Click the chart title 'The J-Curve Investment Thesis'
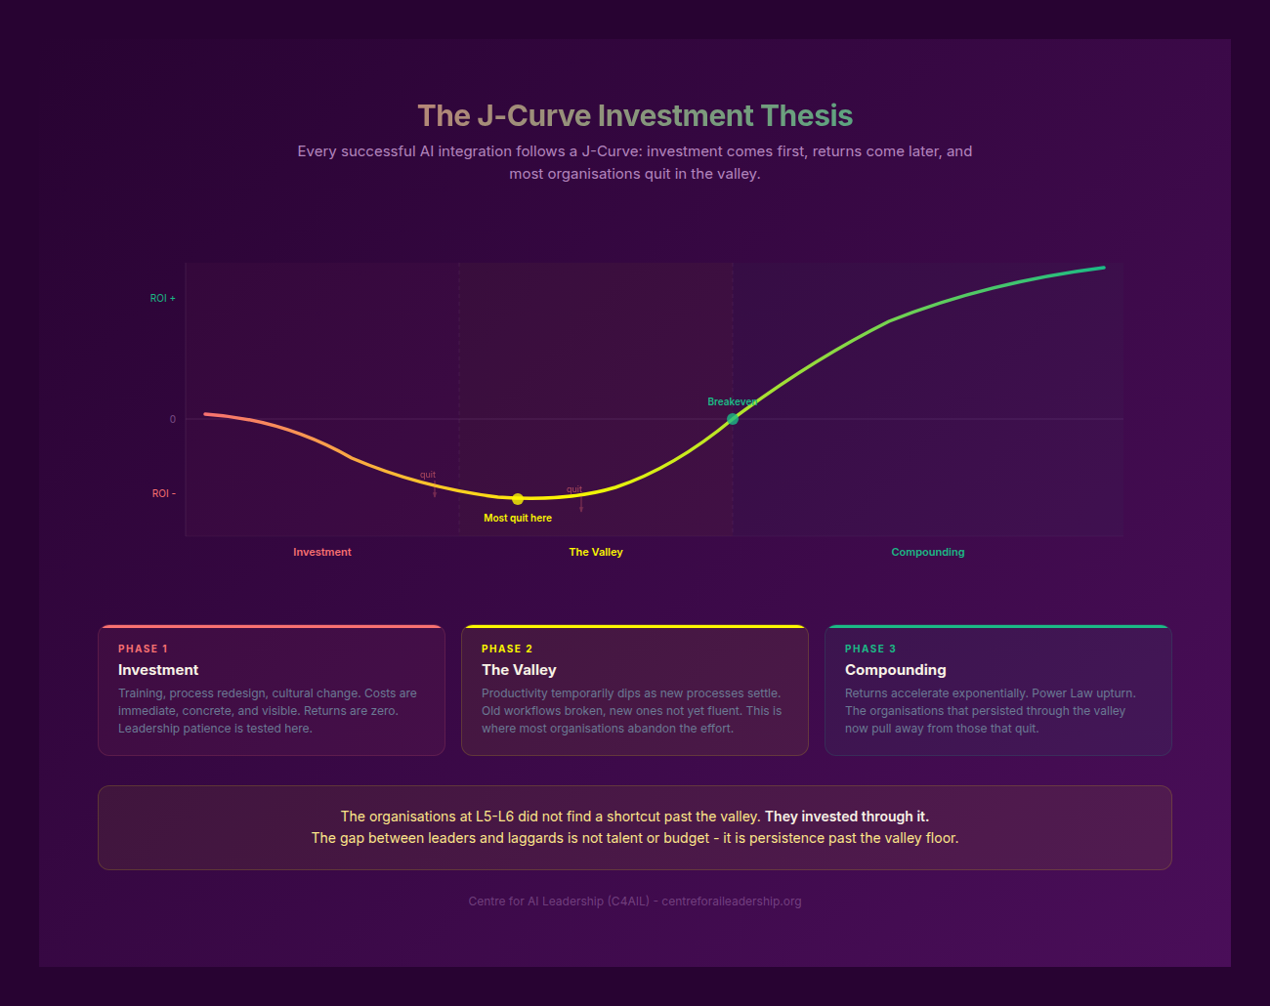click(635, 116)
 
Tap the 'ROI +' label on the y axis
click(163, 298)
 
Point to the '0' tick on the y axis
click(173, 419)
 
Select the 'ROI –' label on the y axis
click(164, 493)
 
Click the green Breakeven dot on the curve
click(733, 419)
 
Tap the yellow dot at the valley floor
click(518, 499)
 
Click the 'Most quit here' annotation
click(518, 519)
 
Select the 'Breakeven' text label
click(732, 401)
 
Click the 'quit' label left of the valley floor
click(428, 475)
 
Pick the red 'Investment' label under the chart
click(322, 552)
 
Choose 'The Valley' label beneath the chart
click(596, 552)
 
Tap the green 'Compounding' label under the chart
click(927, 552)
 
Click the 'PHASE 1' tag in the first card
click(143, 649)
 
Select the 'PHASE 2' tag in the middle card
click(507, 649)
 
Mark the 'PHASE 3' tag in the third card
click(870, 649)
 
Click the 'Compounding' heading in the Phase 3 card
click(895, 670)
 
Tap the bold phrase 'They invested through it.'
click(847, 817)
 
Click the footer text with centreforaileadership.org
click(635, 901)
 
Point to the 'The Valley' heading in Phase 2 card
click(519, 670)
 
